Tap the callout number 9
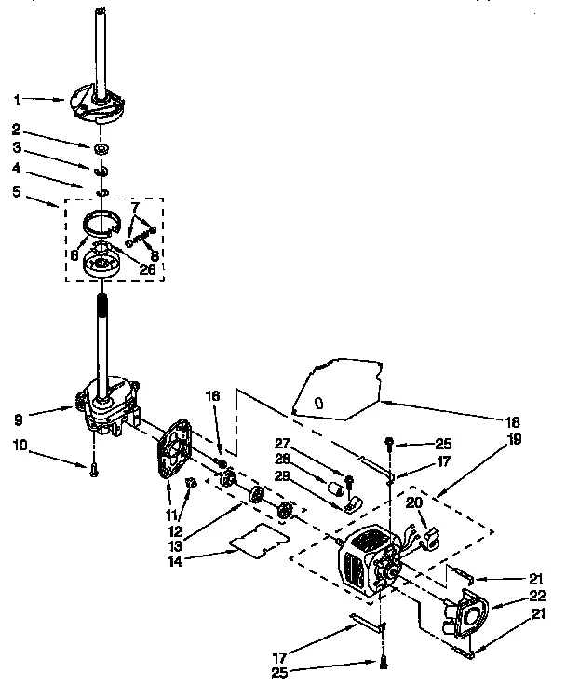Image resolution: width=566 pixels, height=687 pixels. [19, 406]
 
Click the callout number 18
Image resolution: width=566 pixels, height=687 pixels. [539, 420]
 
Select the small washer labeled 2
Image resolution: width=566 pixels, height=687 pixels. [100, 148]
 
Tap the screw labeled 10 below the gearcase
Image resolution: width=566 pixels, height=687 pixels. [95, 472]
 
